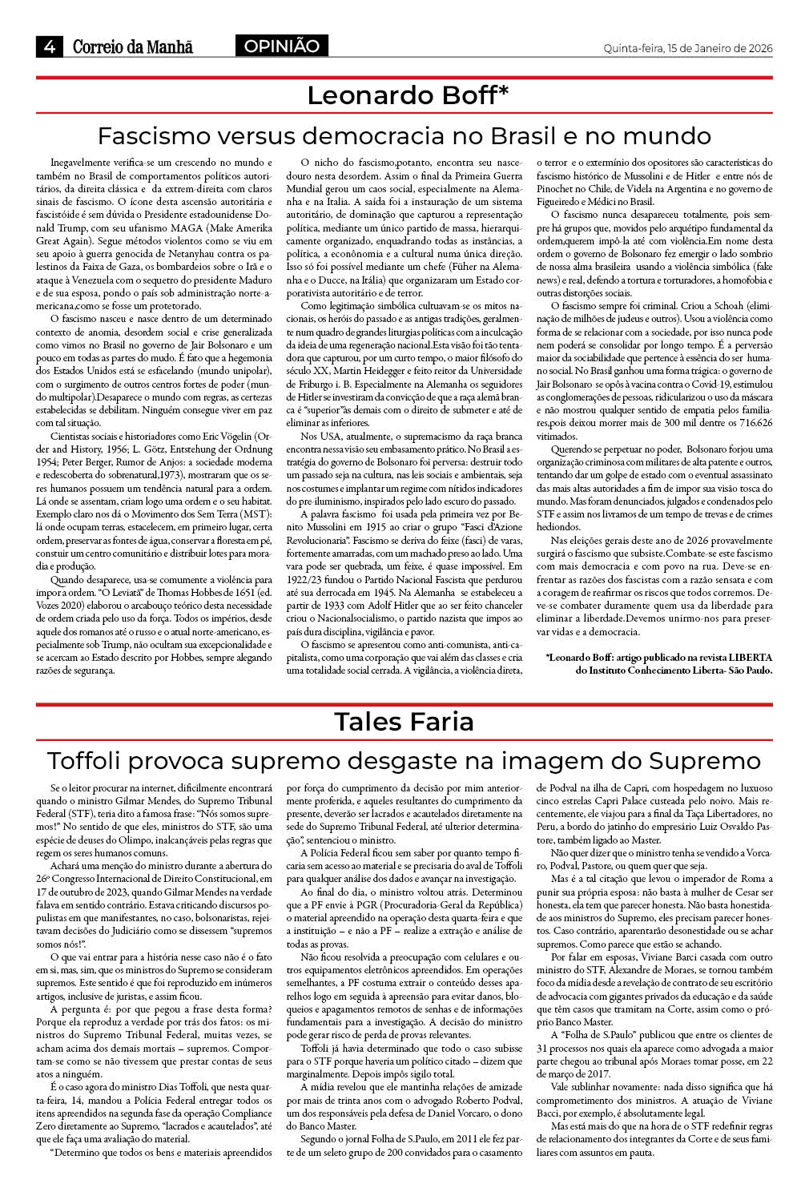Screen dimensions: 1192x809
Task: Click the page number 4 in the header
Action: [50, 47]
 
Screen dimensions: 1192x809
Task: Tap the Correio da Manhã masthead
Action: [133, 47]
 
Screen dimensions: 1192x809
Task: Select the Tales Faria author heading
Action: [404, 721]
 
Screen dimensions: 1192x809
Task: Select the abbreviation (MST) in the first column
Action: [257, 513]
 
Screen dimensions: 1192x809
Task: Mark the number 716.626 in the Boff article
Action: [753, 423]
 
